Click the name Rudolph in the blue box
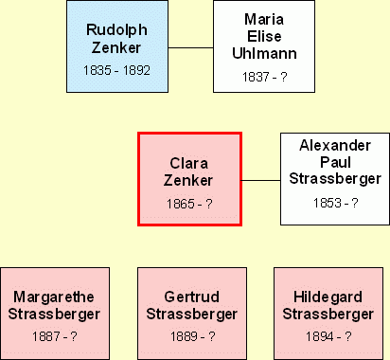[x=116, y=31]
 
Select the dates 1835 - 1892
[x=116, y=70]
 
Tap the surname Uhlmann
[x=264, y=53]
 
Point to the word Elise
[x=264, y=36]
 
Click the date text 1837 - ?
[x=264, y=77]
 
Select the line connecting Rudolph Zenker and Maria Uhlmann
[x=190, y=48]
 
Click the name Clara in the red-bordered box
[x=189, y=163]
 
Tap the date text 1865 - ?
[x=189, y=204]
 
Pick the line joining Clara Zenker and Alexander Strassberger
[x=261, y=181]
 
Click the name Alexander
[x=335, y=145]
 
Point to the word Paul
[x=335, y=162]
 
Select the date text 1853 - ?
[x=335, y=203]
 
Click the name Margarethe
[x=54, y=297]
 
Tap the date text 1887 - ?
[x=55, y=336]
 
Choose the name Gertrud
[x=192, y=297]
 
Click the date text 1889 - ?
[x=193, y=336]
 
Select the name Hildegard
[x=328, y=297]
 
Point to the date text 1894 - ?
[x=328, y=336]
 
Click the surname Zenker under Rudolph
[x=116, y=47]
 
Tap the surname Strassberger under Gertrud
[x=192, y=315]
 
